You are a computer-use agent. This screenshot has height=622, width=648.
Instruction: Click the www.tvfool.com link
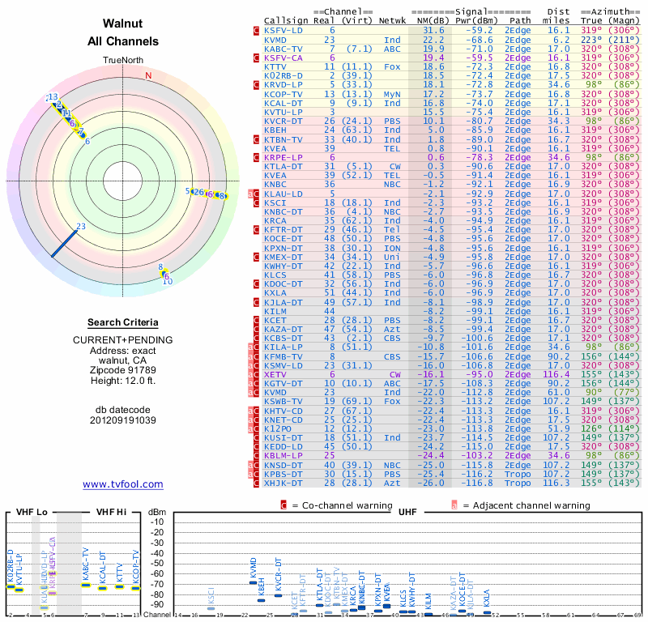123,484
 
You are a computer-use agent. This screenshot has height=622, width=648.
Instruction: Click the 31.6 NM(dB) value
433,30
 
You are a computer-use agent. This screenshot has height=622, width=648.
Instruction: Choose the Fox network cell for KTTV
392,66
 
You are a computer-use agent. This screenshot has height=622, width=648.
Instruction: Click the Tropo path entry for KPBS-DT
518,473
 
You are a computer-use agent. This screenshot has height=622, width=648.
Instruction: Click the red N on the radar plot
148,76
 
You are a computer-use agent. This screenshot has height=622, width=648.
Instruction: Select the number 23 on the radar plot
80,227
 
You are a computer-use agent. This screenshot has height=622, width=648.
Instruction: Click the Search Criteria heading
123,322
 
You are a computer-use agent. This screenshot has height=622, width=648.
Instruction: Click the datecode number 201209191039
123,420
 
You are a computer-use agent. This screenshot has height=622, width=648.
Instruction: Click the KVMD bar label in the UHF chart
253,569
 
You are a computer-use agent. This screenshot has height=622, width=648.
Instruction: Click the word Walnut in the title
123,23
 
